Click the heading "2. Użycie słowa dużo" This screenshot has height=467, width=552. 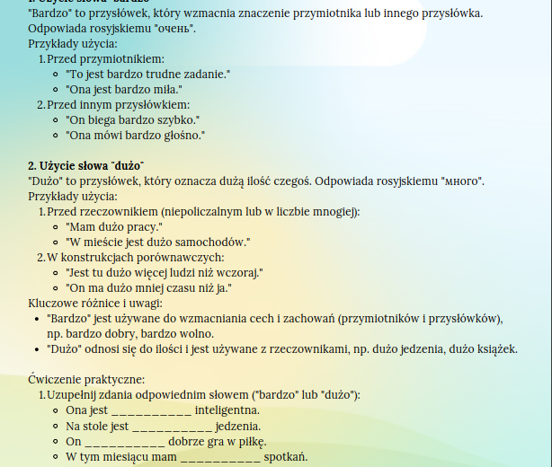coord(85,166)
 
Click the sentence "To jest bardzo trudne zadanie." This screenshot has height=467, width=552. coord(149,74)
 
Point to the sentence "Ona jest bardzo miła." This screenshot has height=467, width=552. coord(124,89)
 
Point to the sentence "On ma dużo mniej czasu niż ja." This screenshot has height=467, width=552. coord(149,287)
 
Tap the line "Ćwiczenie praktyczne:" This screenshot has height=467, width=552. coord(86,380)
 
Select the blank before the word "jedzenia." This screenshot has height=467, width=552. coord(173,427)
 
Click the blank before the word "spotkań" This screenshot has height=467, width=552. coord(220,457)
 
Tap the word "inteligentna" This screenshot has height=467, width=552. coord(234,410)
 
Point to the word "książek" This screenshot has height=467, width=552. coord(495,349)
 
